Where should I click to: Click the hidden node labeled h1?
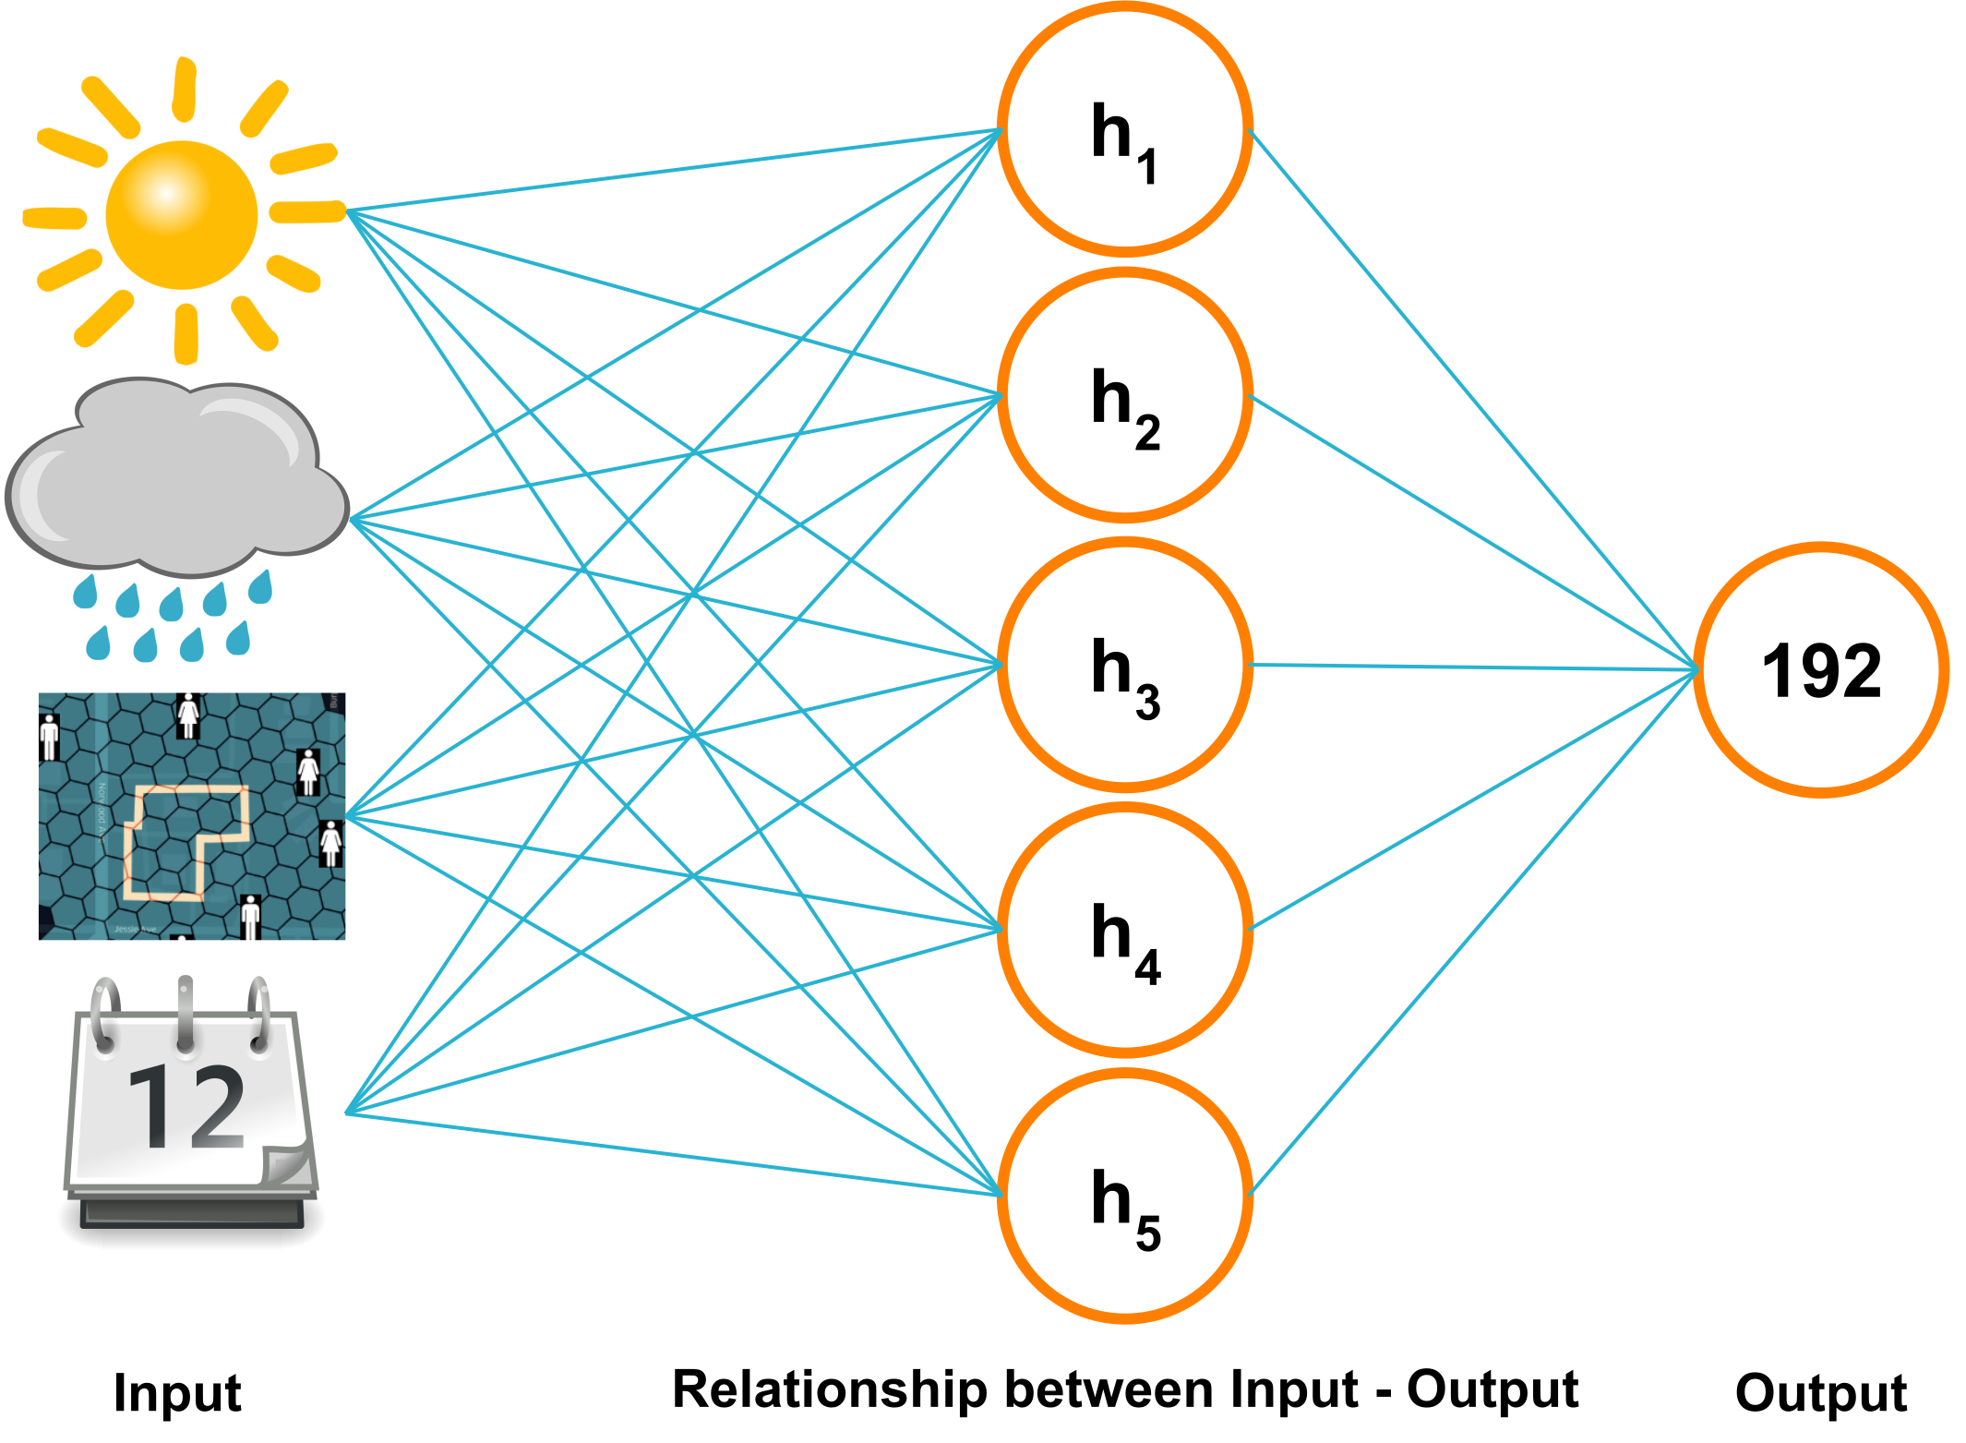tap(1124, 129)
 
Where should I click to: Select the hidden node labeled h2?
tap(1124, 396)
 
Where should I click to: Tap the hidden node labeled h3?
tap(1124, 665)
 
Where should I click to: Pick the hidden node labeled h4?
tap(1124, 930)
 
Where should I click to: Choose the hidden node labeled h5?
tap(1124, 1196)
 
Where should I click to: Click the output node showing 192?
tap(1820, 670)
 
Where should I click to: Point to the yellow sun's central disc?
tap(182, 214)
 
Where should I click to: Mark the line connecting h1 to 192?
tap(1472, 399)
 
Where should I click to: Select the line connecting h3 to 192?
tap(1472, 667)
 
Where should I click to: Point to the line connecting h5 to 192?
tap(1472, 932)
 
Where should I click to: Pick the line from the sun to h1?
tap(674, 171)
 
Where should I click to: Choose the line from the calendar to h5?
tap(674, 1154)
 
